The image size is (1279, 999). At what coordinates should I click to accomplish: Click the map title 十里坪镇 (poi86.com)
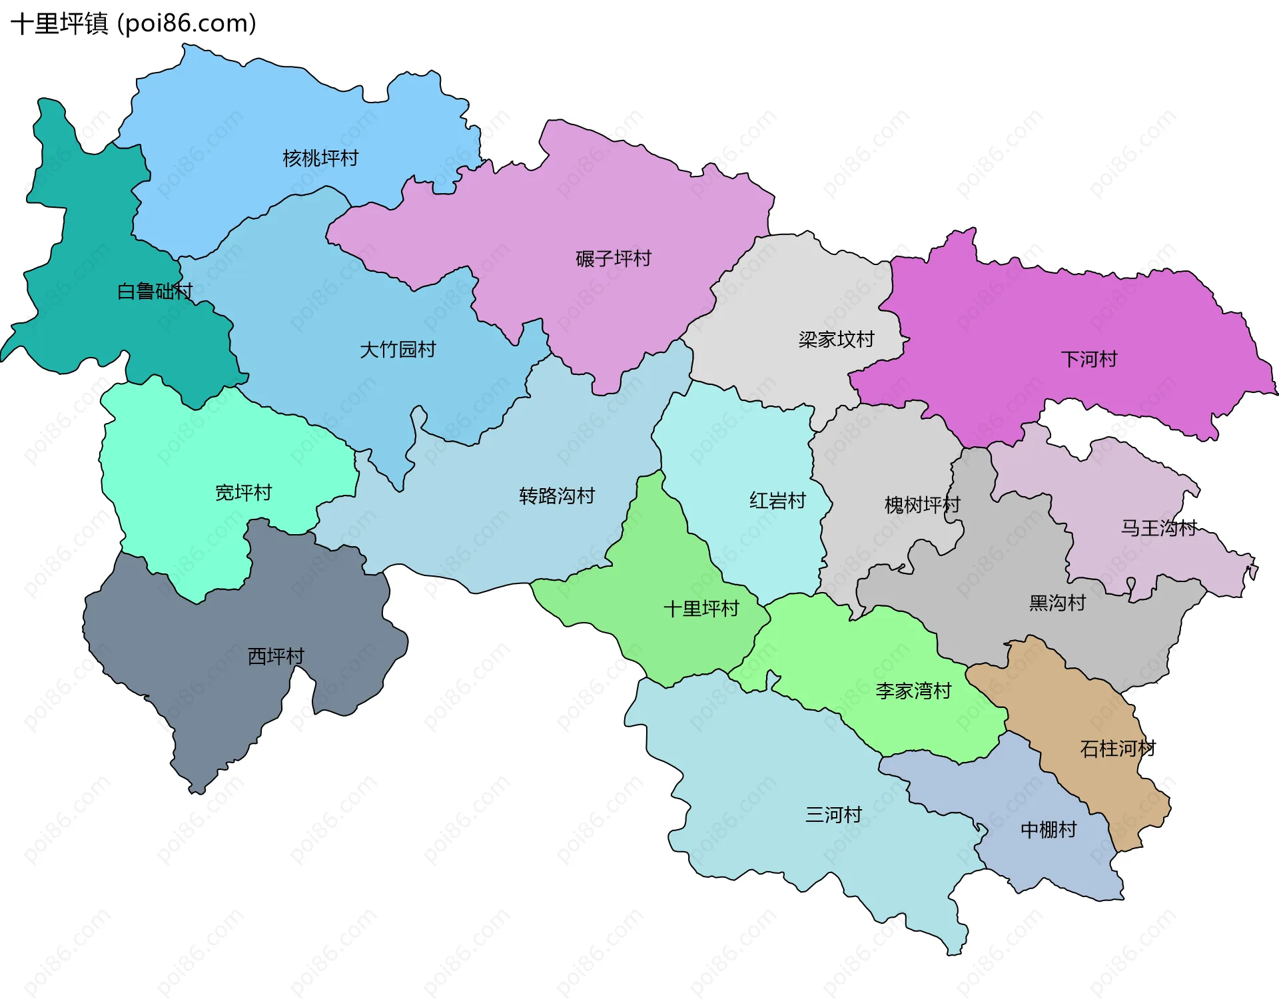click(x=133, y=24)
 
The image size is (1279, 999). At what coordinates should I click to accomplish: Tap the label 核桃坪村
click(x=320, y=159)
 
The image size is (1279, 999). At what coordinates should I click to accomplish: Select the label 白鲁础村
click(x=155, y=292)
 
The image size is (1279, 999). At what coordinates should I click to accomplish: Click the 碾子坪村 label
click(x=613, y=258)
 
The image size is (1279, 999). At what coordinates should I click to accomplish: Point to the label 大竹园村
click(x=398, y=350)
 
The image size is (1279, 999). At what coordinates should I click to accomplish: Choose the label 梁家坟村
click(x=836, y=340)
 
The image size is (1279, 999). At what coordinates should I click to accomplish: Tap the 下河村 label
click(x=1088, y=360)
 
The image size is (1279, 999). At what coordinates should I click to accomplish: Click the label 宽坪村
click(x=243, y=493)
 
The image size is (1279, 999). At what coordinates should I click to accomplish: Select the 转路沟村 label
click(x=556, y=496)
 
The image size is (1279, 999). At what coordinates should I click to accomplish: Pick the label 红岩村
click(x=777, y=501)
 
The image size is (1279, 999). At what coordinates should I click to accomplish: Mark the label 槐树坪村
click(x=922, y=505)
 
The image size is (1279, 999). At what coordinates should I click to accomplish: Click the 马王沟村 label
click(x=1158, y=528)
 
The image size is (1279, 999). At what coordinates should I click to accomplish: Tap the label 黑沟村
click(x=1057, y=603)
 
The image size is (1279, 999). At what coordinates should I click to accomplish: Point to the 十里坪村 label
click(x=701, y=609)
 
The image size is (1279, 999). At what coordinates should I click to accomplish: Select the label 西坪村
click(x=276, y=657)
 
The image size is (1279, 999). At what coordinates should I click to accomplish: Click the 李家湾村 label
click(x=913, y=691)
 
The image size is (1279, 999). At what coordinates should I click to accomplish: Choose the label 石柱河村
click(x=1117, y=749)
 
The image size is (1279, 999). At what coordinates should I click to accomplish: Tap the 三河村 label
click(x=833, y=815)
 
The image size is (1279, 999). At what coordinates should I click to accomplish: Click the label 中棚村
click(x=1049, y=830)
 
